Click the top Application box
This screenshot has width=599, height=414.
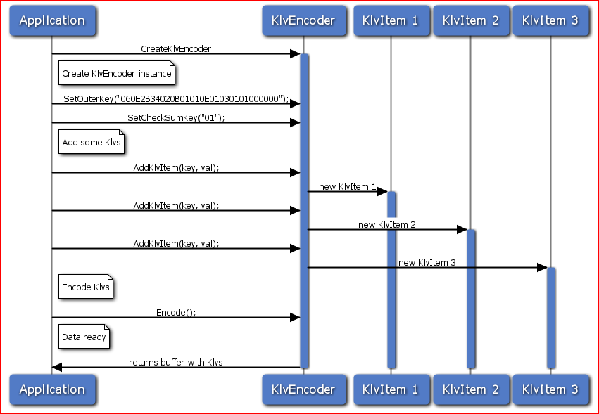tap(52, 20)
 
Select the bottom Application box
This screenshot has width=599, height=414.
tap(52, 389)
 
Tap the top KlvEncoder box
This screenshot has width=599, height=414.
tap(303, 20)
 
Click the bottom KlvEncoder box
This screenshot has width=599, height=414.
tap(303, 389)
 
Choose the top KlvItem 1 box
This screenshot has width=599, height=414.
tap(390, 20)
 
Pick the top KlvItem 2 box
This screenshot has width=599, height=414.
tap(470, 20)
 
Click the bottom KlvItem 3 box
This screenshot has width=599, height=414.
tap(550, 389)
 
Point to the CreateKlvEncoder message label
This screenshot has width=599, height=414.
tap(176, 48)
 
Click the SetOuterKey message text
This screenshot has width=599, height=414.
tap(176, 98)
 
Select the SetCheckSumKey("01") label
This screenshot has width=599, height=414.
tap(176, 117)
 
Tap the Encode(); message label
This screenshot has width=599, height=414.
tap(176, 312)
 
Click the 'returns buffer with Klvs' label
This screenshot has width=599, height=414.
tap(176, 362)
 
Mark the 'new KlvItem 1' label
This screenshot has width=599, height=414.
tap(347, 187)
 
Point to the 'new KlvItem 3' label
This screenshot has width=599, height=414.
tap(427, 262)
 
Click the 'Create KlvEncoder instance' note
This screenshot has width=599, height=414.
tap(116, 73)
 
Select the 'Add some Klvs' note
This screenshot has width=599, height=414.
tap(92, 142)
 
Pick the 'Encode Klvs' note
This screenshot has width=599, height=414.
tap(86, 287)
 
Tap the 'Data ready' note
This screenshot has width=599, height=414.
tap(84, 337)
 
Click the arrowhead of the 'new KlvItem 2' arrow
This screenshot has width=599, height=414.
tap(462, 230)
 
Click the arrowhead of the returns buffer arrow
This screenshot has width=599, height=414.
tap(57, 368)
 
